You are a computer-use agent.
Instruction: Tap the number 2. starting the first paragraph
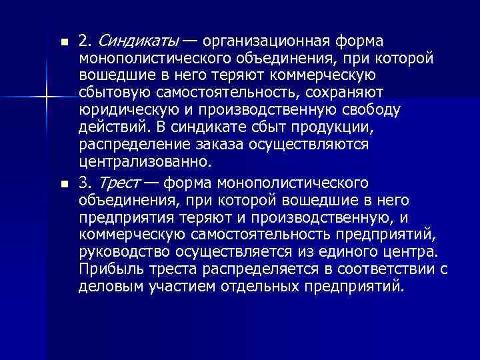[x=85, y=41]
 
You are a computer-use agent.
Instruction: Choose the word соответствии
[x=389, y=269]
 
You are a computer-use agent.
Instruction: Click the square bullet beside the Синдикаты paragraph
[x=63, y=42]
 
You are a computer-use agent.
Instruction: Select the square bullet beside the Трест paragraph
[x=63, y=183]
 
